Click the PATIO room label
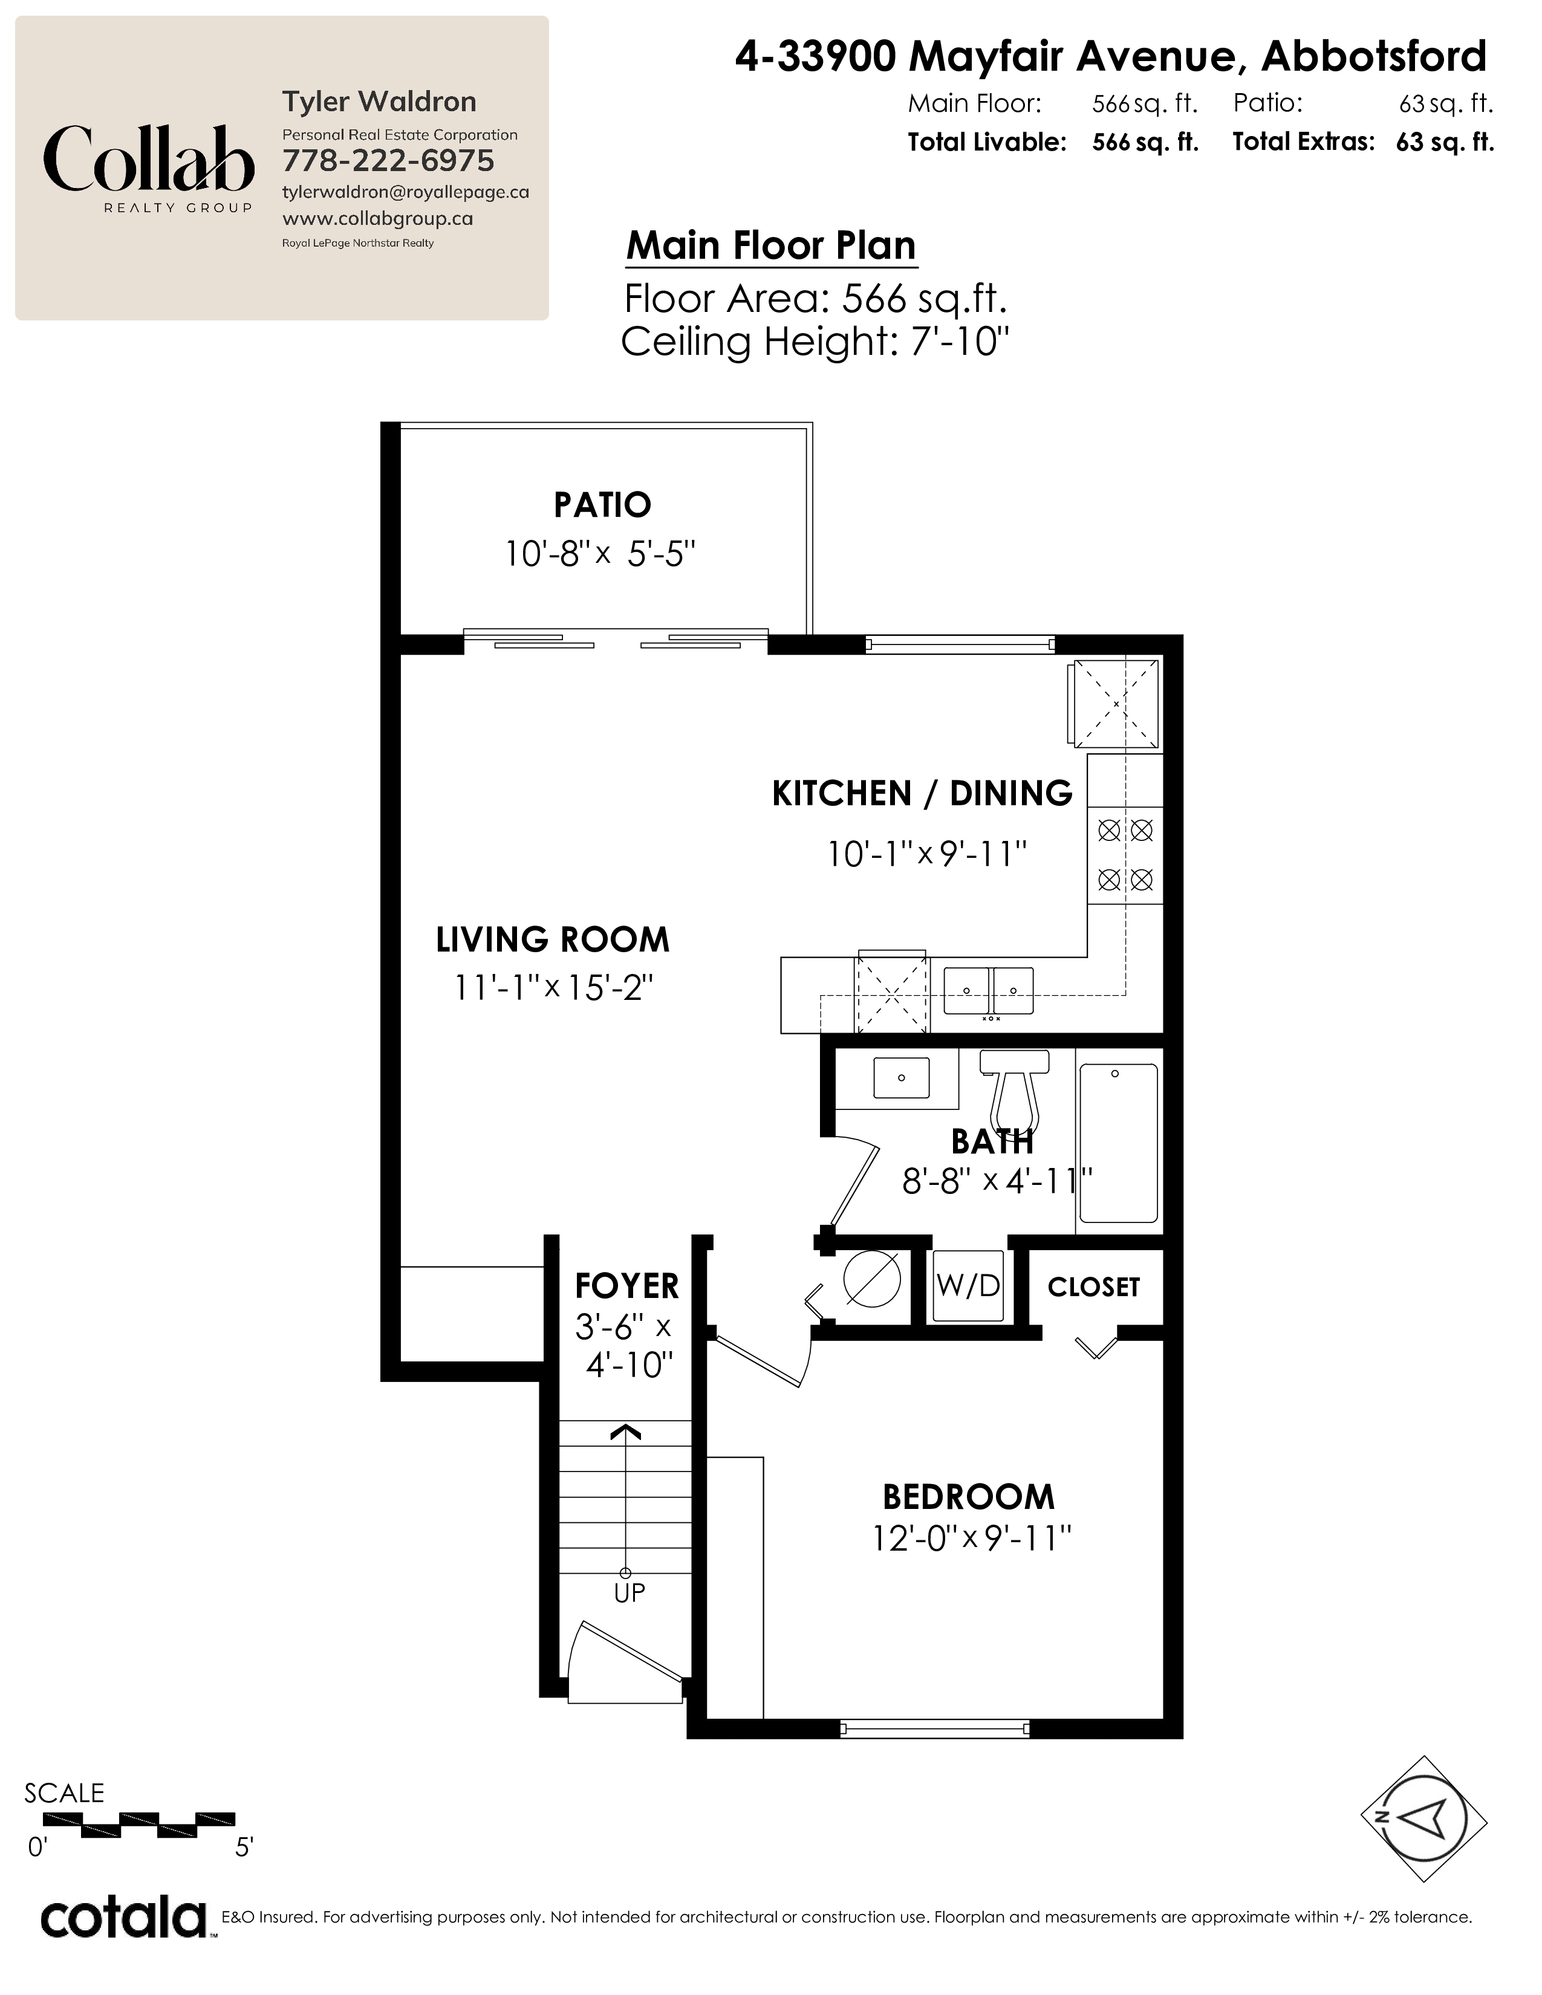pos(602,504)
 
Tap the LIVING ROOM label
pos(553,939)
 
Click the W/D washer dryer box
pos(968,1285)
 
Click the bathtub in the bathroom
pos(1118,1143)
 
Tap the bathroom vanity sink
pos(901,1078)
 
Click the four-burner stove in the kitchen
pos(1125,855)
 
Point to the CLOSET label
pos(1093,1287)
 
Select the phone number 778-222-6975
pos(388,161)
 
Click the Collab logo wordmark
pos(148,159)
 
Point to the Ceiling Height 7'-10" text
pos(815,342)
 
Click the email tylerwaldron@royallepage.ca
pos(406,193)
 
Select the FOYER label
pos(626,1286)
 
